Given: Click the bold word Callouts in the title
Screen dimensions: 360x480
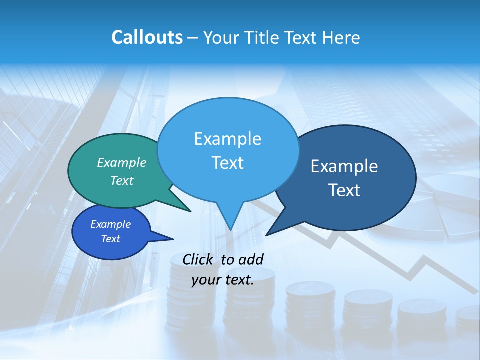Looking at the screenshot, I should click(147, 37).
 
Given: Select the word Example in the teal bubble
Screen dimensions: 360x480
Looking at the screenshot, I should click(122, 162).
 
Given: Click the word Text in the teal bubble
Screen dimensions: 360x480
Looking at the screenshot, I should click(122, 180).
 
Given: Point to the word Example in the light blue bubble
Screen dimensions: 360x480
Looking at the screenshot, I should click(227, 139).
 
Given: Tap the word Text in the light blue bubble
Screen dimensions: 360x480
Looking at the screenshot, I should click(227, 163).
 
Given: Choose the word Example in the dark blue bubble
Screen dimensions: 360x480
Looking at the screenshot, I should click(344, 166).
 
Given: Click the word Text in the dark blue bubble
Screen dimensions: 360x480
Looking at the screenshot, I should click(344, 190).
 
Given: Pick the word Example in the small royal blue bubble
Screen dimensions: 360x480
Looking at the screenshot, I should click(110, 224).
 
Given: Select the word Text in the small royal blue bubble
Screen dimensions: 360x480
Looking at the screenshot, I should click(110, 239).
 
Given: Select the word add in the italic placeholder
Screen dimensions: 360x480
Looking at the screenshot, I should click(251, 259).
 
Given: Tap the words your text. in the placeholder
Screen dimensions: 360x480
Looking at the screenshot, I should click(223, 280).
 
